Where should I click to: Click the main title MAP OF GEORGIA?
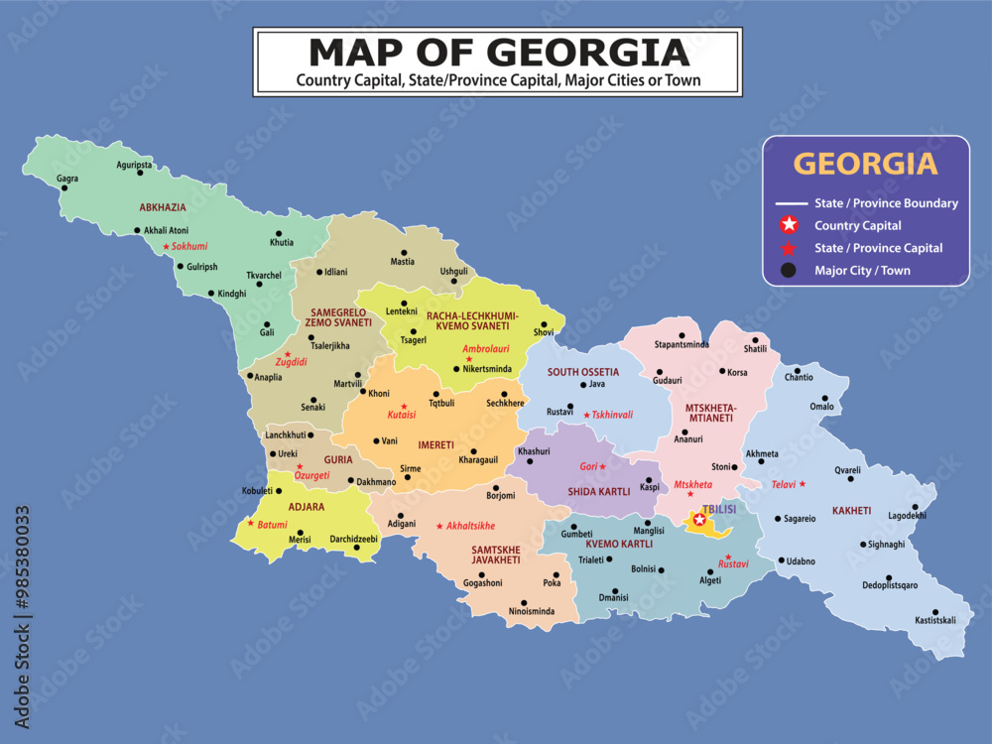[498, 51]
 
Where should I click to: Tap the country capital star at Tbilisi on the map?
[699, 520]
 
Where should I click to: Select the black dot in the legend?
[789, 270]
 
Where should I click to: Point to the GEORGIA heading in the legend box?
[866, 163]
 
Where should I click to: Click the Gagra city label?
[67, 180]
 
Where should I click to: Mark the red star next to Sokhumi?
[166, 245]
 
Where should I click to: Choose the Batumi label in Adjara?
[272, 524]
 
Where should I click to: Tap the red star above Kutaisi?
[403, 407]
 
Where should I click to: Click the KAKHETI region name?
[851, 511]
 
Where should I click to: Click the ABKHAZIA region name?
[163, 208]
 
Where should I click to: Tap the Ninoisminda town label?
[532, 612]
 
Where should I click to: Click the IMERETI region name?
[435, 445]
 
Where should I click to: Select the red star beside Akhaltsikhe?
[439, 526]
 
